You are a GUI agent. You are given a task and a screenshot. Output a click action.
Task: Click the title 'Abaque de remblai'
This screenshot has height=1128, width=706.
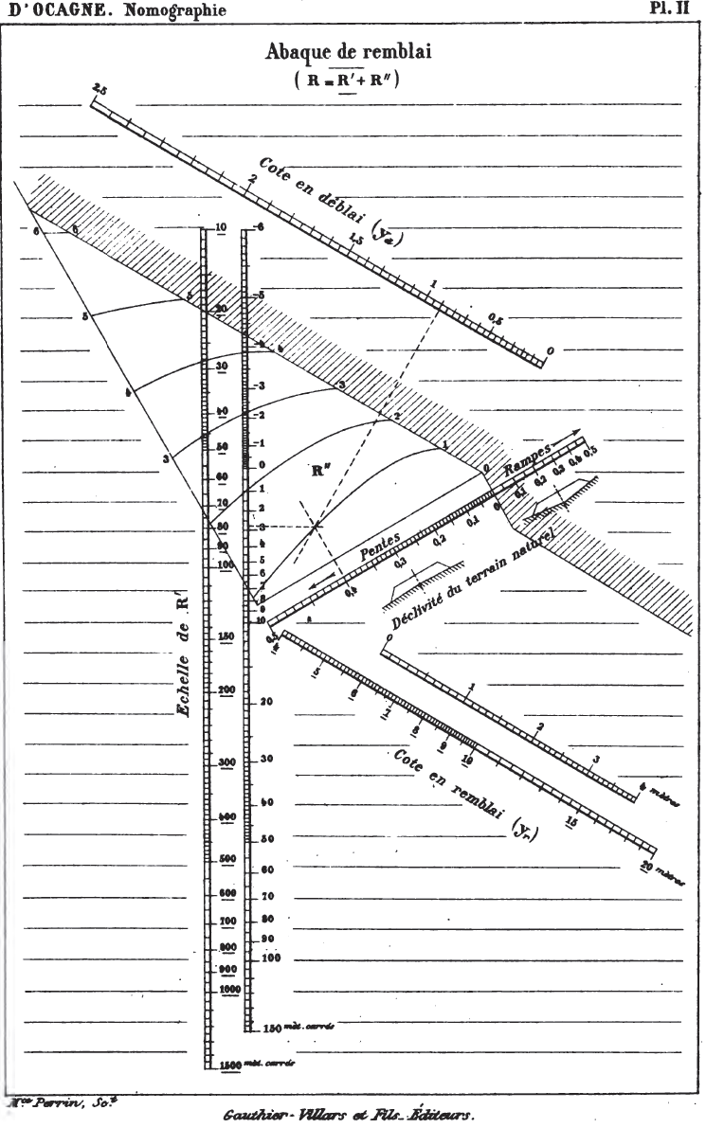348,54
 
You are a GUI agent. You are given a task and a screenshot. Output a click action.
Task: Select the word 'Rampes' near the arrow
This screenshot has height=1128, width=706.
527,456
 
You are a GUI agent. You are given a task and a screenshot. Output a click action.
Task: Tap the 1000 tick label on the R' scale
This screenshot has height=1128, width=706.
228,989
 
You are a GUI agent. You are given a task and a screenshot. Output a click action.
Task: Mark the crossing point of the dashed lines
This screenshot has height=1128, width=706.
315,525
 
